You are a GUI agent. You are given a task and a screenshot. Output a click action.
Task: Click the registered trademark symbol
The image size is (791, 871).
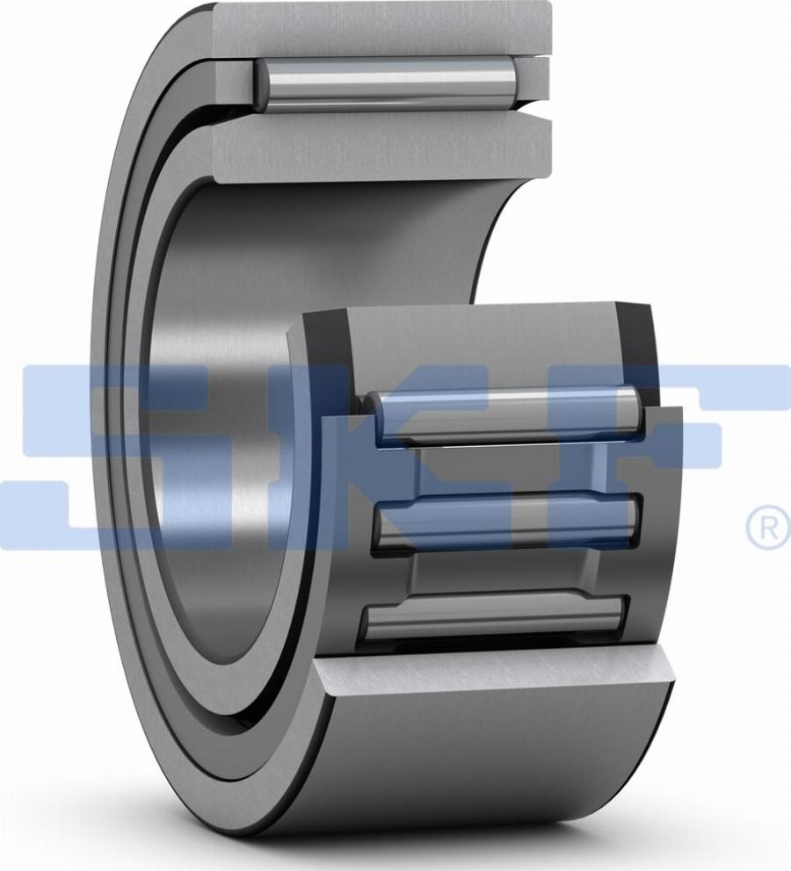click(767, 527)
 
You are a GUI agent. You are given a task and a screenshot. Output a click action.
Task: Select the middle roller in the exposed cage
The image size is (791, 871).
click(505, 521)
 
